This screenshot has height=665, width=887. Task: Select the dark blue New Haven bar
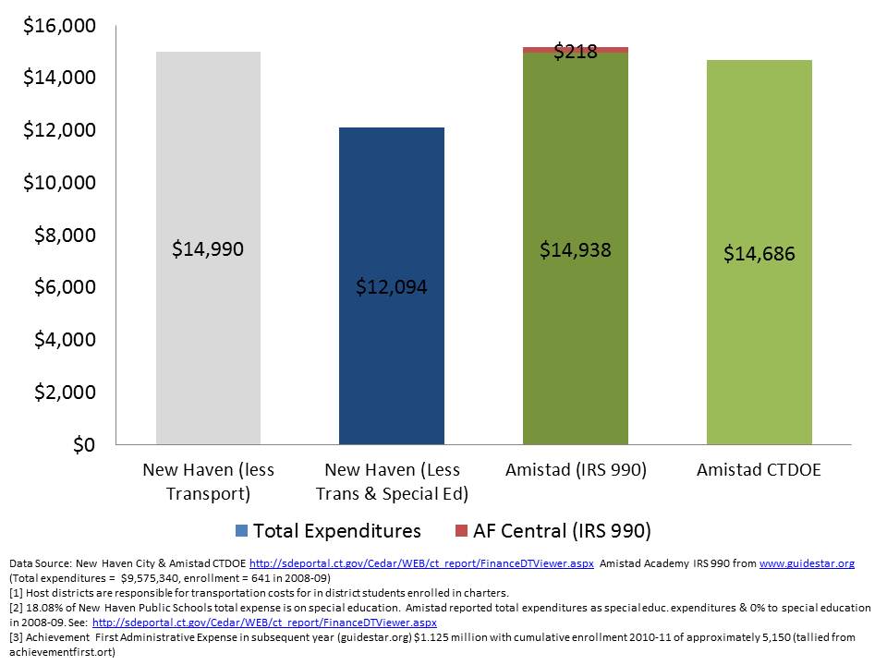(392, 369)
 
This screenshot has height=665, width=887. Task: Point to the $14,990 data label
(208, 248)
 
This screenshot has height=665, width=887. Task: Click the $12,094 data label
(392, 287)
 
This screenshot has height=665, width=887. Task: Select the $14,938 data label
(575, 249)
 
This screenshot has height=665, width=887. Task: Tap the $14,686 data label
(759, 253)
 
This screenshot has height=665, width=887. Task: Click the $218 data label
(575, 53)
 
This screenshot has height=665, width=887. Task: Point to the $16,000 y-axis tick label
(59, 26)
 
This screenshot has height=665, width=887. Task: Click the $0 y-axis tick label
(82, 445)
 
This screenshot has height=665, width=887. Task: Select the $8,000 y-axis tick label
(64, 236)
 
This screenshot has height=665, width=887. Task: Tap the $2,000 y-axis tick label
(64, 393)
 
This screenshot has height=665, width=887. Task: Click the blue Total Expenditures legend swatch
(242, 531)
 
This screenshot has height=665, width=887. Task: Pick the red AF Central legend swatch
(462, 531)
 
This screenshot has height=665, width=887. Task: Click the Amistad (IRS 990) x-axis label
(576, 470)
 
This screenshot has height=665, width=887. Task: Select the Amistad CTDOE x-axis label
(759, 470)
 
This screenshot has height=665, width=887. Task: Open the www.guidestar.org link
(806, 562)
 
